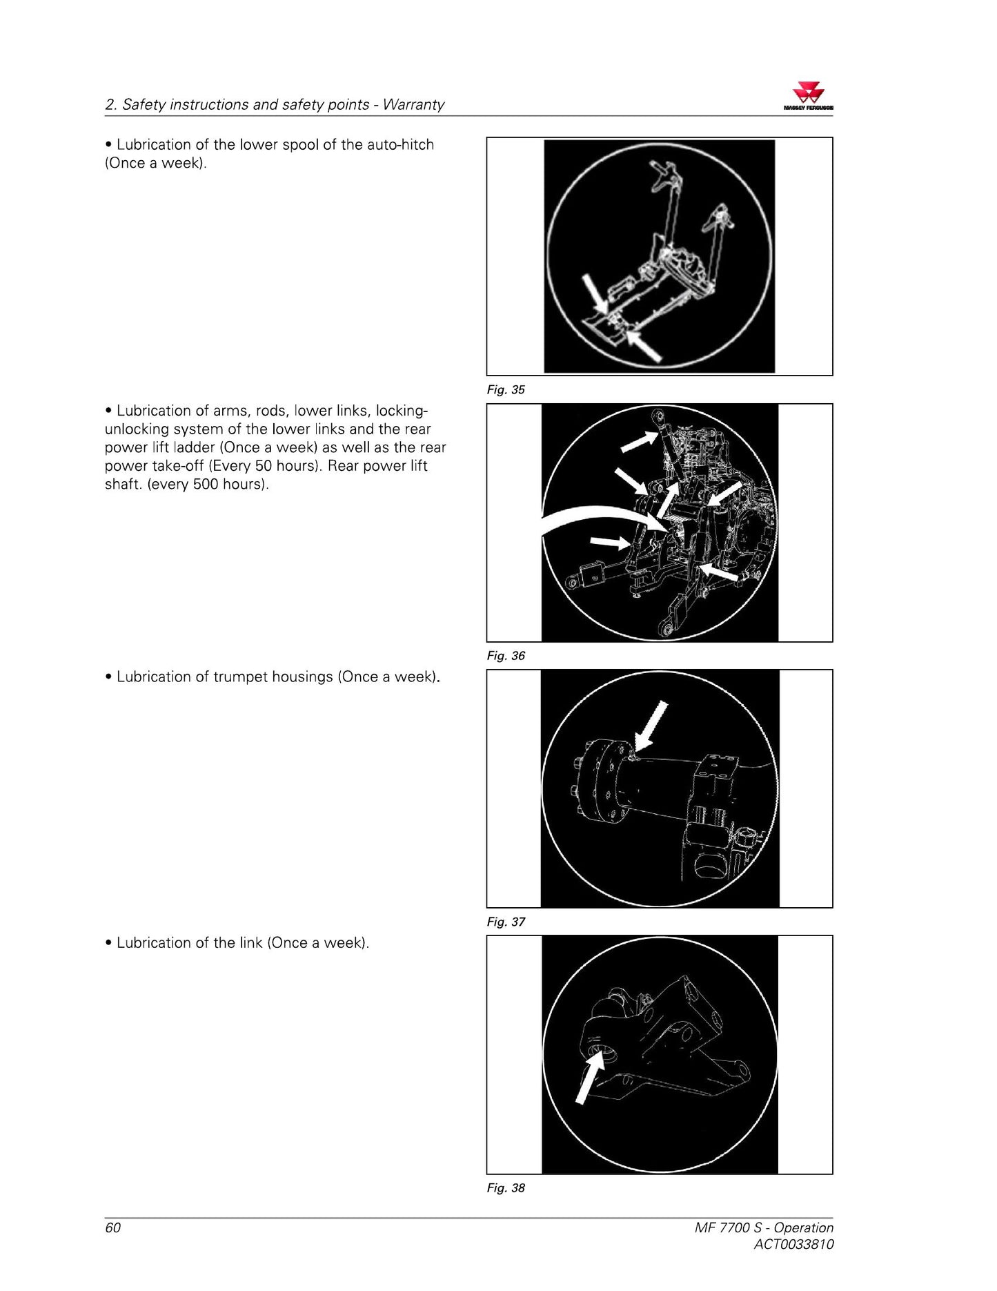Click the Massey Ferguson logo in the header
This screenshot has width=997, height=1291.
808,97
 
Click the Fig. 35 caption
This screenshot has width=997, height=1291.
506,390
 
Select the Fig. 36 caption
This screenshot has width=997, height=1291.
506,656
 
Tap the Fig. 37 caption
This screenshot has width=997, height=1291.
506,922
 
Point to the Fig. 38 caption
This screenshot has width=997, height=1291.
506,1188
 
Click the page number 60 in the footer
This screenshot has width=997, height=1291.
112,1227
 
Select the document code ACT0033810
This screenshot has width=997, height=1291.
793,1245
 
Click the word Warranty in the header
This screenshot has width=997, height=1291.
413,105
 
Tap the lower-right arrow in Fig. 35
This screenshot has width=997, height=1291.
643,346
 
